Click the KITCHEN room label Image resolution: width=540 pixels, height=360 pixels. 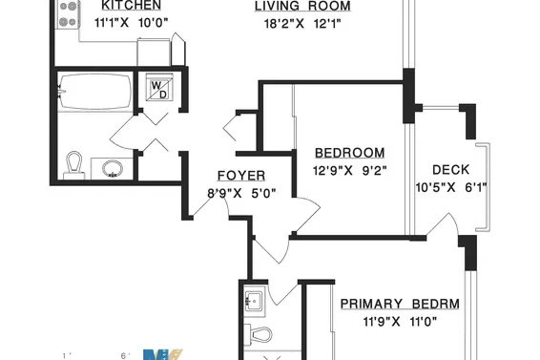tap(125, 5)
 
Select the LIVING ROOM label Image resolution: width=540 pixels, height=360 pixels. tap(301, 6)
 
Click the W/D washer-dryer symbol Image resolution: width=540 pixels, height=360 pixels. tap(156, 89)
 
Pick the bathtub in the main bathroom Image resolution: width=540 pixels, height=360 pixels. tap(93, 92)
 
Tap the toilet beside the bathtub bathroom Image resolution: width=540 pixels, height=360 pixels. tap(74, 164)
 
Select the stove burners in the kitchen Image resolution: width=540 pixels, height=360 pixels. tap(69, 12)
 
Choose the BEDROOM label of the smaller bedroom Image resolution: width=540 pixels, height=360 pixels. tap(349, 153)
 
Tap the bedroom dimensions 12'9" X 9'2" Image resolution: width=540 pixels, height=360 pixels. tap(349, 171)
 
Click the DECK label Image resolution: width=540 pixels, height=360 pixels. tap(450, 170)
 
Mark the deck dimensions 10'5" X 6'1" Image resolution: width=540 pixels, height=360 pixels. tap(450, 187)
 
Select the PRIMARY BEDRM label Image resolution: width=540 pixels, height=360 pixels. tap(400, 305)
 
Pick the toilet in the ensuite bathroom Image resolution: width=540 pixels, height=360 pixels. tap(258, 334)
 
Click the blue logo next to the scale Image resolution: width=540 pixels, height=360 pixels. tap(161, 355)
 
